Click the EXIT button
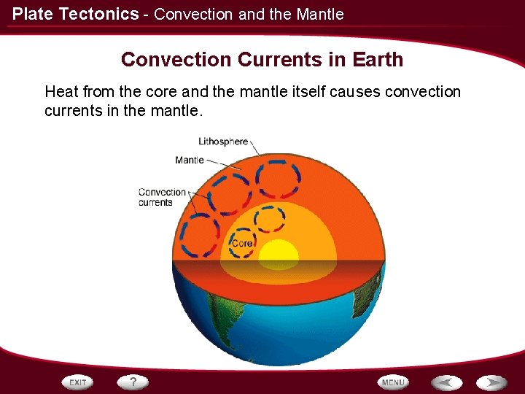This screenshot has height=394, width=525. click(78, 382)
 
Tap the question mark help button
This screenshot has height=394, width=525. click(133, 382)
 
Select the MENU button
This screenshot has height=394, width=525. click(393, 382)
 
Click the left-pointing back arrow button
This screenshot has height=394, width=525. click(446, 382)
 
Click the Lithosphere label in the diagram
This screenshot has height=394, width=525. click(223, 142)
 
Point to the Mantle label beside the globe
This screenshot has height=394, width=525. click(190, 160)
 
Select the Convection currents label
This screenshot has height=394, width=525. click(162, 197)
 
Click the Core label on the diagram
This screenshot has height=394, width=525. click(242, 243)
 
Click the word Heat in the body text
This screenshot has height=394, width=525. click(62, 92)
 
